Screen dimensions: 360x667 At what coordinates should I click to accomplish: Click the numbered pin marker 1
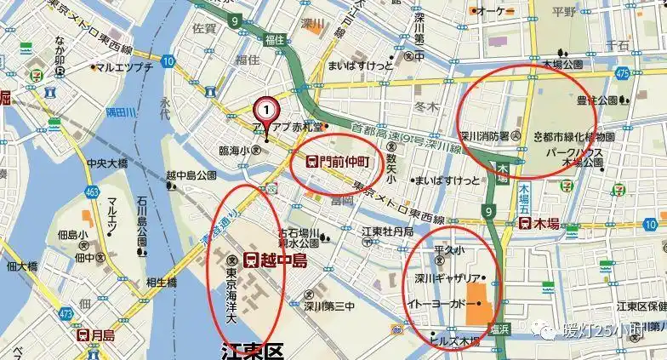266,110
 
